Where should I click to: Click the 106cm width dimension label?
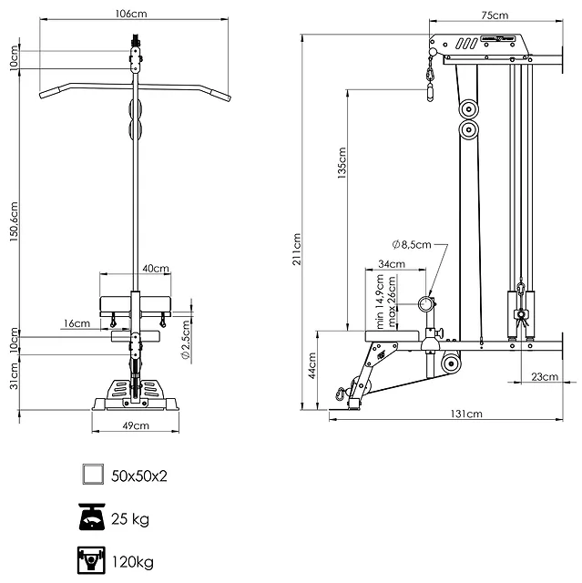[131, 14]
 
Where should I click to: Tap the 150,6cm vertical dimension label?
[14, 221]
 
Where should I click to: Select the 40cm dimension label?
[156, 268]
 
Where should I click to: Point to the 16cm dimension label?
[77, 323]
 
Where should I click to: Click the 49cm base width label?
[136, 425]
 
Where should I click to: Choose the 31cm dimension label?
[14, 376]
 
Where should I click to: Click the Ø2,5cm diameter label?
[186, 340]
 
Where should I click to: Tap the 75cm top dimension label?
[495, 15]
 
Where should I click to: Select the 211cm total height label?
[297, 249]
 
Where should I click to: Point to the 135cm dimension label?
[342, 163]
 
